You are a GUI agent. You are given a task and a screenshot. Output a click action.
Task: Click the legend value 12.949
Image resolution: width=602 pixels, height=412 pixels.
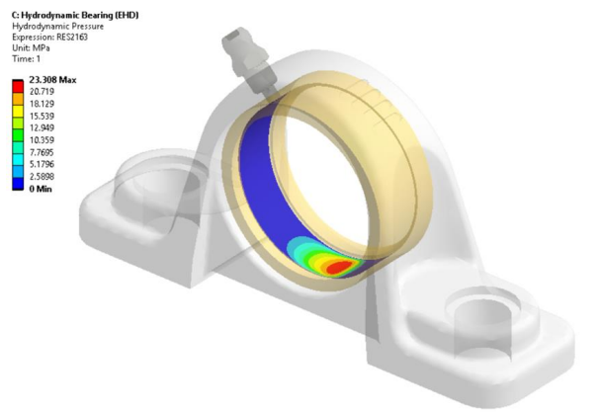(x=45, y=127)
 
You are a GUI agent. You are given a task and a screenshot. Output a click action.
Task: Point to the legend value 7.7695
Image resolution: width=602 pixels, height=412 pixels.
(x=45, y=152)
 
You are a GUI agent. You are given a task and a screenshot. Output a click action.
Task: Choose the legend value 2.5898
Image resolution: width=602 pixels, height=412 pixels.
(x=45, y=176)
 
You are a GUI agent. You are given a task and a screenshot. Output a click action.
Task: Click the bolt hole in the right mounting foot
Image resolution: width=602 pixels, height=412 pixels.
(x=476, y=314)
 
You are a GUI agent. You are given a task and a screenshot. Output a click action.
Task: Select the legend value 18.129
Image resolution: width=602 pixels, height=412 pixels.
(x=45, y=104)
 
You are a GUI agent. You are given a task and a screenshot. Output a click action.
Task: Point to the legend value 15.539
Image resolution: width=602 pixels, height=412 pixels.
(x=45, y=116)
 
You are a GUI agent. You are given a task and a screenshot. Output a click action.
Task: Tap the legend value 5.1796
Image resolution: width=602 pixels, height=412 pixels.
(x=45, y=164)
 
